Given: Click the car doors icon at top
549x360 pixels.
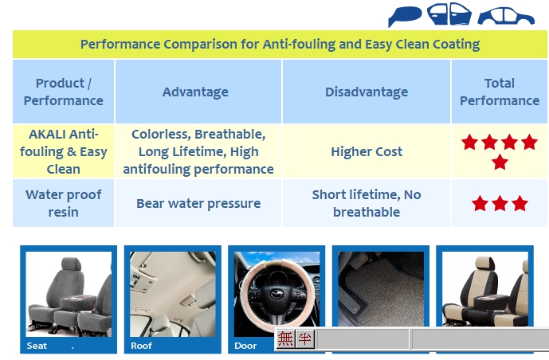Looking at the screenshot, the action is pyautogui.click(x=449, y=14).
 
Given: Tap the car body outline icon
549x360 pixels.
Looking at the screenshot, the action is pyautogui.click(x=506, y=17).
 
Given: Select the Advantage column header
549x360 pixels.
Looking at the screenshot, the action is pyautogui.click(x=195, y=92).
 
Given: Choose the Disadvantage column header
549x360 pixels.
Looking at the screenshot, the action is pyautogui.click(x=367, y=92).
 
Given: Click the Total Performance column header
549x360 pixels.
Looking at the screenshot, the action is pyautogui.click(x=500, y=92).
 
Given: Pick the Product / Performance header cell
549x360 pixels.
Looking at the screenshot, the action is pyautogui.click(x=64, y=92).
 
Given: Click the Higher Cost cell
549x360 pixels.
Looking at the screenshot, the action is pyautogui.click(x=367, y=151).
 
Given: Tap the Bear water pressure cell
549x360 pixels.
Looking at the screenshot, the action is pyautogui.click(x=198, y=203).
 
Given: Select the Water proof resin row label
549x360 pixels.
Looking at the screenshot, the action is pyautogui.click(x=64, y=203).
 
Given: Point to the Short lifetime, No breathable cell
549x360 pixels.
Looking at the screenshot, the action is pyautogui.click(x=367, y=203).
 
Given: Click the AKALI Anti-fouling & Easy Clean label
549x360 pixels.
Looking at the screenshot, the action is pyautogui.click(x=64, y=151).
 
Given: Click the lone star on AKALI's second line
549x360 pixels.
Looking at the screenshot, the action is pyautogui.click(x=500, y=162).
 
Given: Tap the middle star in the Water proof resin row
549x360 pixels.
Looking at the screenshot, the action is pyautogui.click(x=500, y=203).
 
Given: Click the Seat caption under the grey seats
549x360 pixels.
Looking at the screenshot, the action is pyautogui.click(x=37, y=346).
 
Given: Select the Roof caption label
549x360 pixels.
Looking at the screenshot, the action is pyautogui.click(x=141, y=346).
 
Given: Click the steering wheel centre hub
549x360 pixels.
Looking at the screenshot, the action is pyautogui.click(x=276, y=295).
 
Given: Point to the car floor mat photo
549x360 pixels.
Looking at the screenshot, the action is pyautogui.click(x=381, y=289).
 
